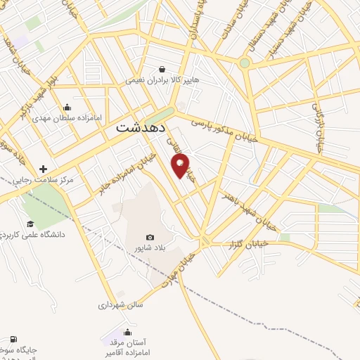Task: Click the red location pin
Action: pos(181,166)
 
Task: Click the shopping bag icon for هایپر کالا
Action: pos(162,70)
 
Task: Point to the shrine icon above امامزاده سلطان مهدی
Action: pos(67,108)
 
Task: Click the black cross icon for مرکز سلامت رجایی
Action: pos(44,169)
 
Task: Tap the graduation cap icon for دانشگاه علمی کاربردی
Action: pos(30,224)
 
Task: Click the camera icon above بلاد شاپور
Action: pos(149,237)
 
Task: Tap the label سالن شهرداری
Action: pos(121,306)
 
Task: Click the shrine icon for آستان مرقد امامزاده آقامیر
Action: pos(127,332)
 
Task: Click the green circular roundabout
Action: pos(245,63)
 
